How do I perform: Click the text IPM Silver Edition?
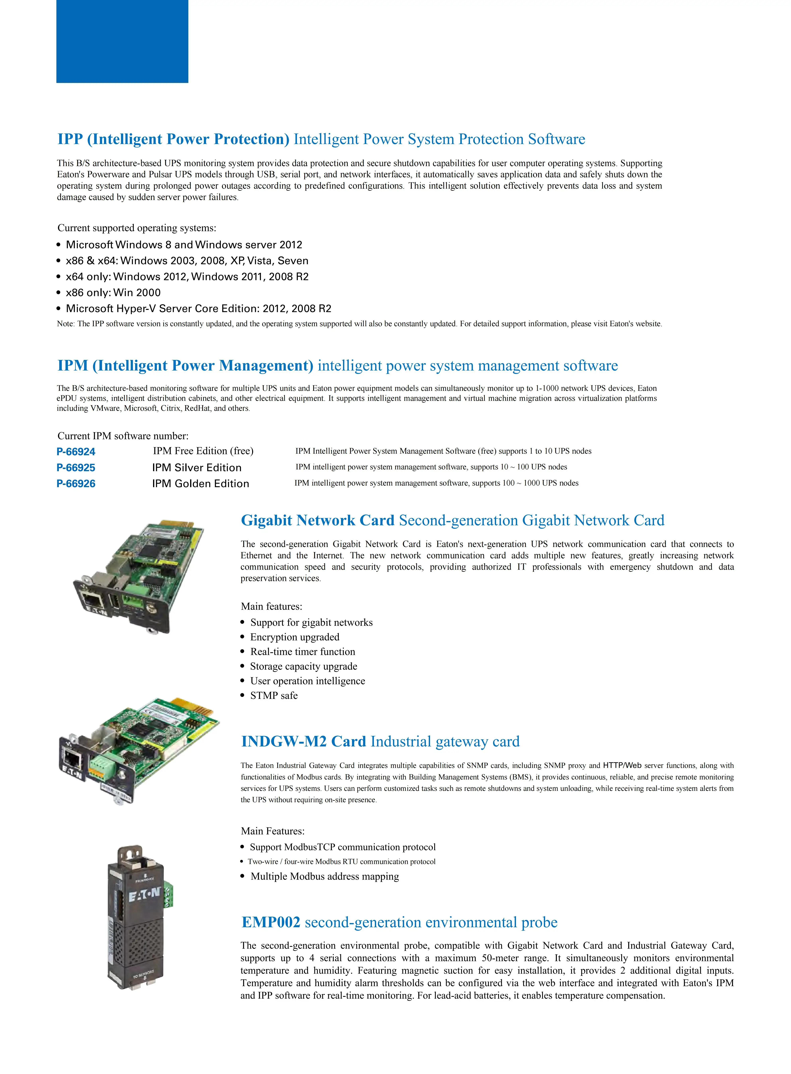197,468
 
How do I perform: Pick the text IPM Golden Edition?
201,484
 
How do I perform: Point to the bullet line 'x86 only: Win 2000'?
113,293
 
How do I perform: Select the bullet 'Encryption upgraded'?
295,637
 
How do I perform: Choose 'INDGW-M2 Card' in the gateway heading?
304,742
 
